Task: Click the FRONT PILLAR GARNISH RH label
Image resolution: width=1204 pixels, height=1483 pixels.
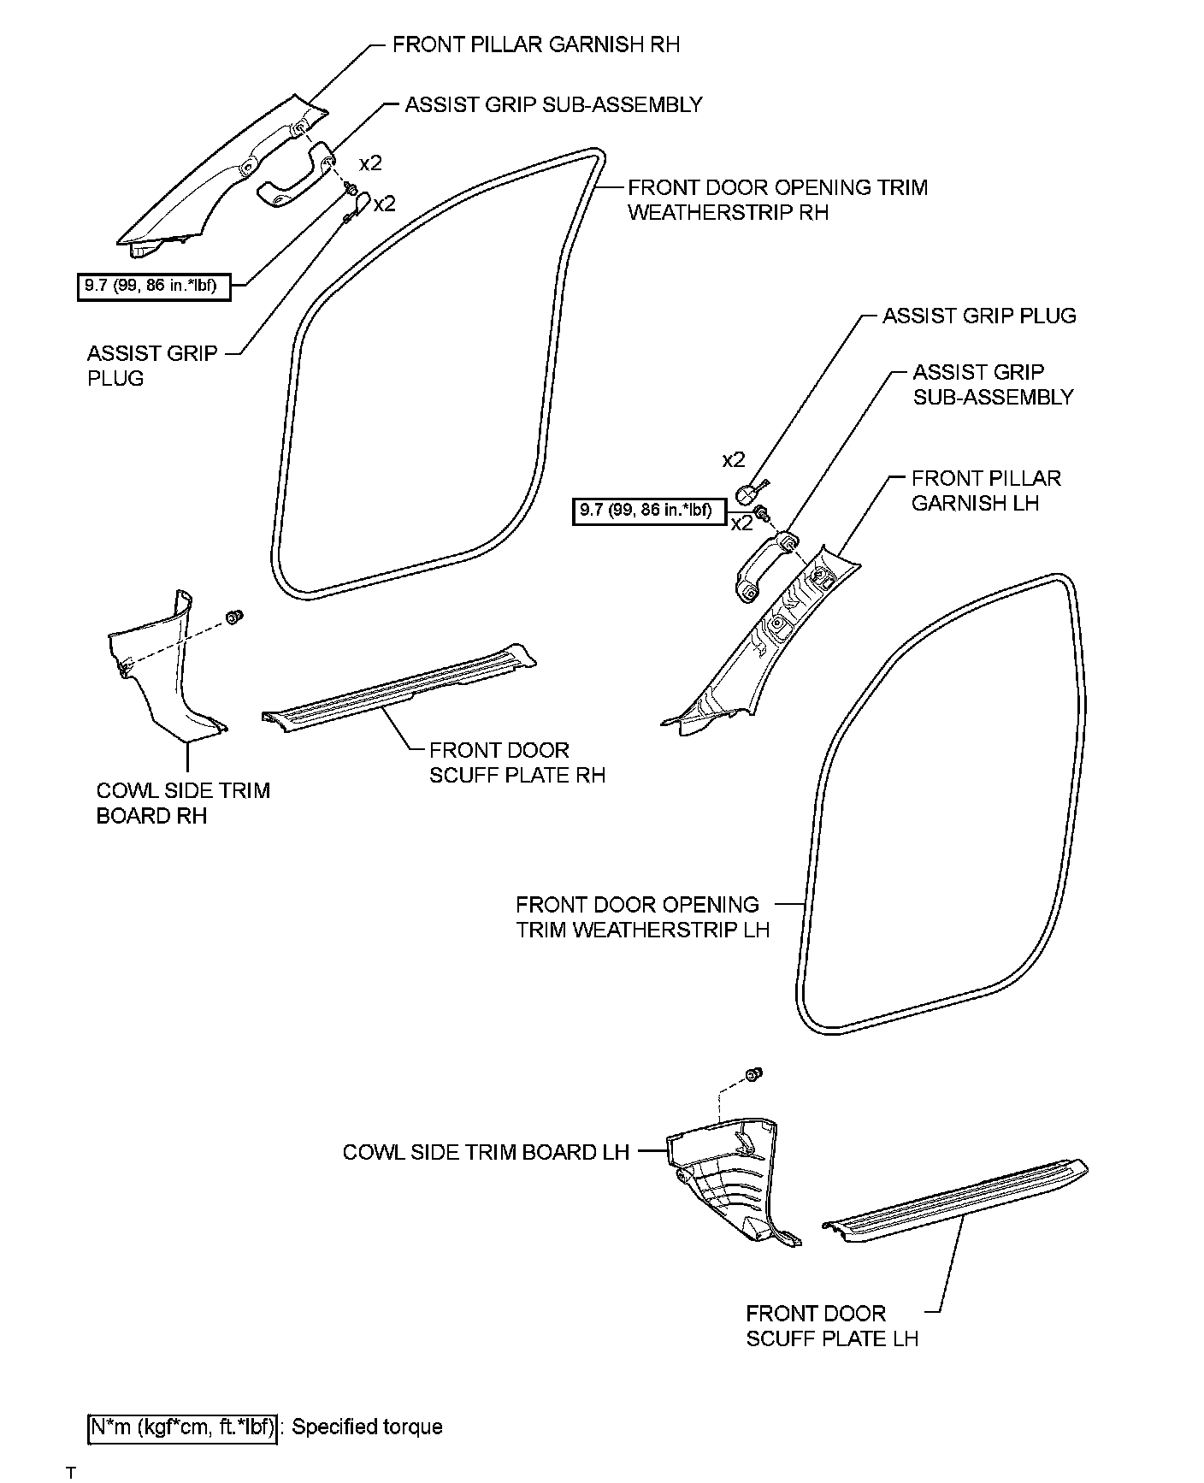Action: pos(535,44)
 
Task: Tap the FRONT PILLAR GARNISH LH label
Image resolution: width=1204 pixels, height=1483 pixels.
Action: pos(985,490)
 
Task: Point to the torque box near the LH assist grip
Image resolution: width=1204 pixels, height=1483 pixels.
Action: pos(648,511)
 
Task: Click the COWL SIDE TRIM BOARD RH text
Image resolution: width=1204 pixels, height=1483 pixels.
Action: pos(182,802)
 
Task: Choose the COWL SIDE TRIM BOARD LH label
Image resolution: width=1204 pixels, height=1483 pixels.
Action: pos(485,1152)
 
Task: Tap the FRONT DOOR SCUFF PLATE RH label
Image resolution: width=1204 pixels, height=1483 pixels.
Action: pos(516,762)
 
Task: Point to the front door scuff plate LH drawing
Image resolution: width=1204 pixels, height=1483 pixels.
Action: pos(953,1197)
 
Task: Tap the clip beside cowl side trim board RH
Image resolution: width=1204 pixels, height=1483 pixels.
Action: pos(233,616)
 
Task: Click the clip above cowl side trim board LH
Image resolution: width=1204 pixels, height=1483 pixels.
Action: pos(754,1074)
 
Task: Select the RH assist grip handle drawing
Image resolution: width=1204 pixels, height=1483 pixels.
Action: pos(291,175)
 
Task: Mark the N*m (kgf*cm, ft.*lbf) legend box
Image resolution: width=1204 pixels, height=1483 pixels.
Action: pos(182,1427)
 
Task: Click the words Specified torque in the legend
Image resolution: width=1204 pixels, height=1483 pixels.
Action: pos(368,1427)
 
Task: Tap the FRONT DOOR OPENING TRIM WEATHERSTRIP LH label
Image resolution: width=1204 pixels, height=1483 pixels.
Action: pos(641,917)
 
